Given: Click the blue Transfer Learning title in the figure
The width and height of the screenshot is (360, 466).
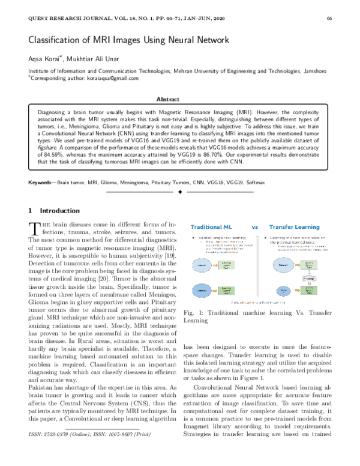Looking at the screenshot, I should pyautogui.click(x=293, y=228).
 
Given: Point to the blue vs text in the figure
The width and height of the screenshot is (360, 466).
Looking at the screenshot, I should pyautogui.click(x=254, y=228).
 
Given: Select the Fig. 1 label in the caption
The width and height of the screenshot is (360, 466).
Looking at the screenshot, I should pyautogui.click(x=192, y=313).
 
